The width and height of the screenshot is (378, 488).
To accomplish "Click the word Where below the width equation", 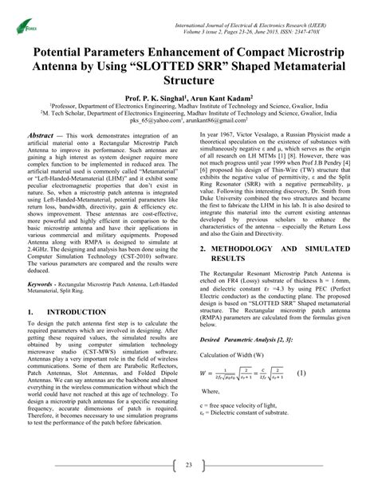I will click(x=211, y=392).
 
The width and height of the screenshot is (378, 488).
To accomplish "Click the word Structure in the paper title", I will click(x=189, y=80).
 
